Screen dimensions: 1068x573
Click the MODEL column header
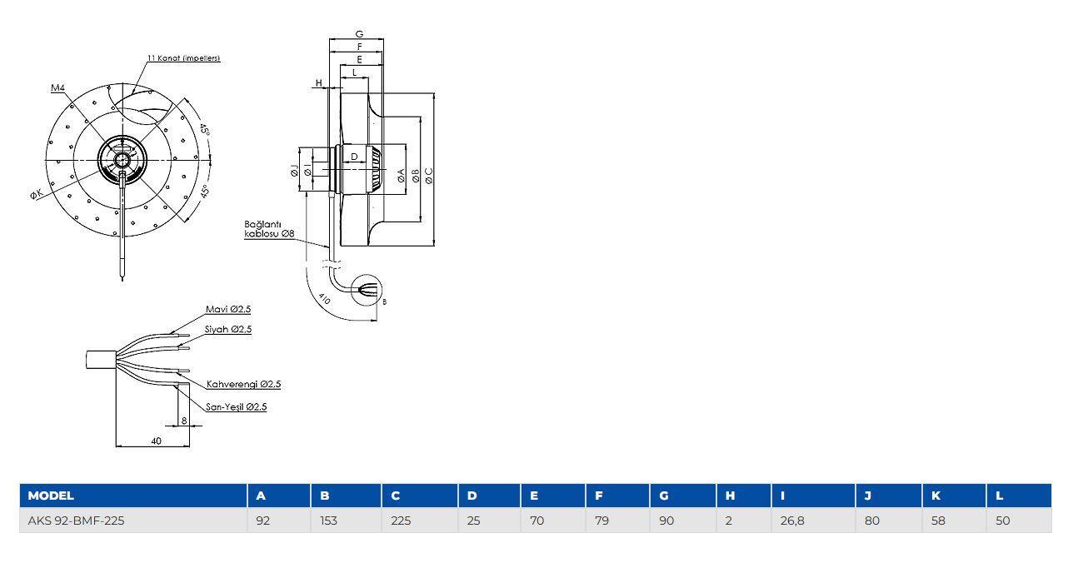pos(51,496)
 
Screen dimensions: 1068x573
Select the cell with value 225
pos(401,521)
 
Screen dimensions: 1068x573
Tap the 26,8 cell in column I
pos(792,521)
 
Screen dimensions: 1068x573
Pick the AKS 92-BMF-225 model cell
pos(76,521)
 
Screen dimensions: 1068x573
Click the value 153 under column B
pos(328,521)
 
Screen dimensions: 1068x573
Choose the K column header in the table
pos(936,496)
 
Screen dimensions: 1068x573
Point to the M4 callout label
pos(57,87)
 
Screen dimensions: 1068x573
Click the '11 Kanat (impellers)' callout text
pos(183,58)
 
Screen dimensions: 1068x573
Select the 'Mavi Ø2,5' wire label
pos(228,309)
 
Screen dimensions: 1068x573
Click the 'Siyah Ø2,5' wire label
pos(228,330)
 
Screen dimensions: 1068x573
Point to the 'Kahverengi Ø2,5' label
pos(243,384)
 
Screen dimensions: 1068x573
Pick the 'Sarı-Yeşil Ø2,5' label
pos(236,407)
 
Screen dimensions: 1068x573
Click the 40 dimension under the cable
pos(157,441)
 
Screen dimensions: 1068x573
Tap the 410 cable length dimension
pos(324,298)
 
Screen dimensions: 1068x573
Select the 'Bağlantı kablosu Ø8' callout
pos(269,229)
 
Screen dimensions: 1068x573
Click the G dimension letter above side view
pos(360,34)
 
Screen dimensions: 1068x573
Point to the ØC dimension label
pos(429,176)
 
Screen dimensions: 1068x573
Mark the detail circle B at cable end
pos(367,290)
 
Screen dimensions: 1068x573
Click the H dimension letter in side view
pos(319,83)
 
